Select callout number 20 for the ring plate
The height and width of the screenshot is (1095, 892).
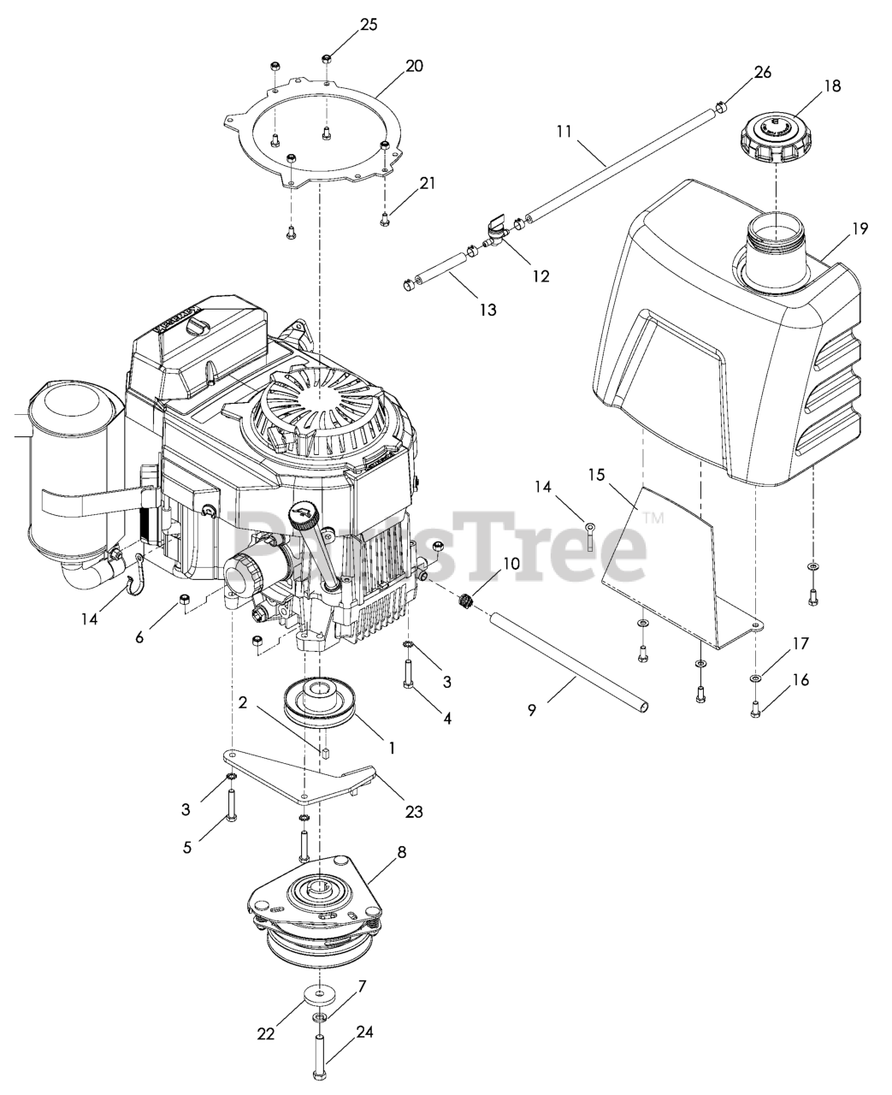click(x=414, y=66)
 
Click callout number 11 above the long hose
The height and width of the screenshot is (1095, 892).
click(x=564, y=133)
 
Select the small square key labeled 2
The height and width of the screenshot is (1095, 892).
click(x=326, y=753)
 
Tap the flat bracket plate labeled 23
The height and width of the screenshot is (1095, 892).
click(x=299, y=770)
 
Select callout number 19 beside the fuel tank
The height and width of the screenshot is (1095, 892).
click(x=860, y=228)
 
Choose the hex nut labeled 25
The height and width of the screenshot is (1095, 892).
click(x=327, y=58)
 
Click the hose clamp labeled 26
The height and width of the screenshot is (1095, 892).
click(x=720, y=105)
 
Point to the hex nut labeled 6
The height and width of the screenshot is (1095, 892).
click(x=183, y=598)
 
